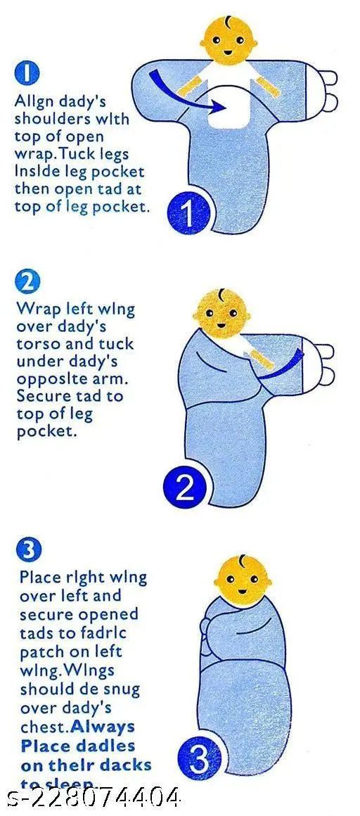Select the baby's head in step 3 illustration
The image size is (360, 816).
point(243,580)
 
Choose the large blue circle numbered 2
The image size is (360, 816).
point(186,487)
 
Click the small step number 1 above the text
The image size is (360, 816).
point(26,73)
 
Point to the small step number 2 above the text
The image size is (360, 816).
point(26,282)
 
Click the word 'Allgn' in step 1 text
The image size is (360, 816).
point(33,101)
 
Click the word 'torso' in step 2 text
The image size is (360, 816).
point(39,345)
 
